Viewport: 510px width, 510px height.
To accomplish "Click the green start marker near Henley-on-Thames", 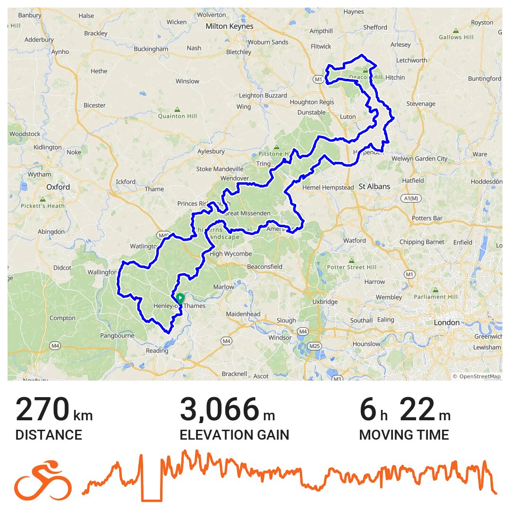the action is click(x=180, y=298).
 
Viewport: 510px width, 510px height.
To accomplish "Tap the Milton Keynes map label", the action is click(x=229, y=26).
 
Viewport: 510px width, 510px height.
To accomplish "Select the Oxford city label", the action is click(x=58, y=187).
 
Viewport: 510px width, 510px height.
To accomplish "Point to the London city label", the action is click(x=446, y=323).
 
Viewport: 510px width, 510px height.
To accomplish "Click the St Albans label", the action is click(x=374, y=187).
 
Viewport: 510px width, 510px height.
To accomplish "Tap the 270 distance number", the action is click(x=42, y=410).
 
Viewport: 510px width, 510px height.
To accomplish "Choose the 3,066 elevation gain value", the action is click(x=220, y=410).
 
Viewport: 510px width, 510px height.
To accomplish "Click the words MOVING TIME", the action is click(x=404, y=435).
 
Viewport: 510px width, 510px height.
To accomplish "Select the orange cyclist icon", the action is click(x=43, y=480).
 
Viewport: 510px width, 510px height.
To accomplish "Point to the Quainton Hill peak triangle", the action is click(x=177, y=109).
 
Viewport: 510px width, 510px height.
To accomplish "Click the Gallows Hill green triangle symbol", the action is click(x=456, y=30).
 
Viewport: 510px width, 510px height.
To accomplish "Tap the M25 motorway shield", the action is click(x=314, y=346).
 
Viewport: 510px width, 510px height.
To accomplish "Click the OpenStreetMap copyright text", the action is click(x=476, y=376).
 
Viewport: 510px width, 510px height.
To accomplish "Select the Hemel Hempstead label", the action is click(x=328, y=187).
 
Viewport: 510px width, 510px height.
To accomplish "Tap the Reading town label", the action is click(x=157, y=350).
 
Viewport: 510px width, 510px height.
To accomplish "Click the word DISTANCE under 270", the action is click(x=49, y=435).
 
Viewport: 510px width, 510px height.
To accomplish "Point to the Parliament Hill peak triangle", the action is click(x=435, y=289).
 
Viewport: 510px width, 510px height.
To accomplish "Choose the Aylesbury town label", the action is click(x=211, y=152).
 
